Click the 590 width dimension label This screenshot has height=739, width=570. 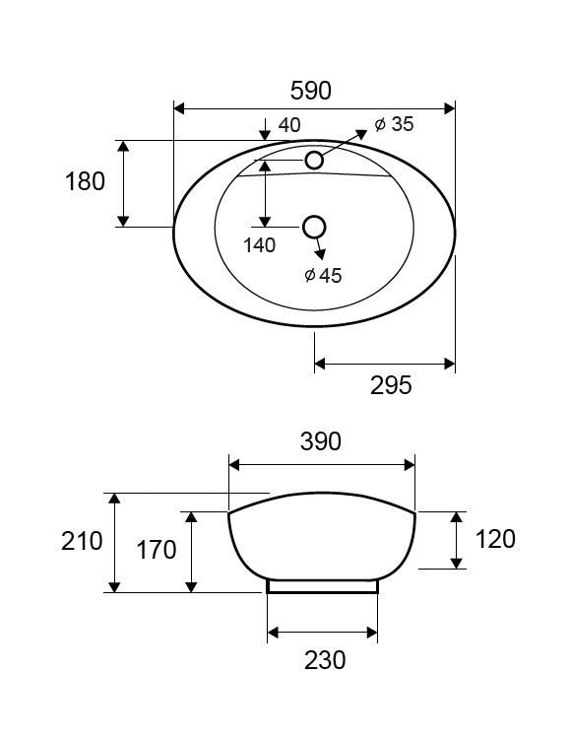click(x=310, y=91)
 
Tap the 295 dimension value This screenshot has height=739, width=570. click(x=391, y=385)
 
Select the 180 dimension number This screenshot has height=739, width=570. click(x=85, y=181)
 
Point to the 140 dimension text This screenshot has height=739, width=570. click(x=260, y=245)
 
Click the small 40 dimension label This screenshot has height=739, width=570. click(x=289, y=125)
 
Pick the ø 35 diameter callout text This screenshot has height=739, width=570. click(x=395, y=124)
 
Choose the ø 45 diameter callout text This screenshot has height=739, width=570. click(x=323, y=275)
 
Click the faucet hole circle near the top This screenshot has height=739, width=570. click(x=314, y=161)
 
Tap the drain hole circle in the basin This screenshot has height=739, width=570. click(x=314, y=228)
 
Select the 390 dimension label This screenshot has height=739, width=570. click(x=321, y=441)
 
